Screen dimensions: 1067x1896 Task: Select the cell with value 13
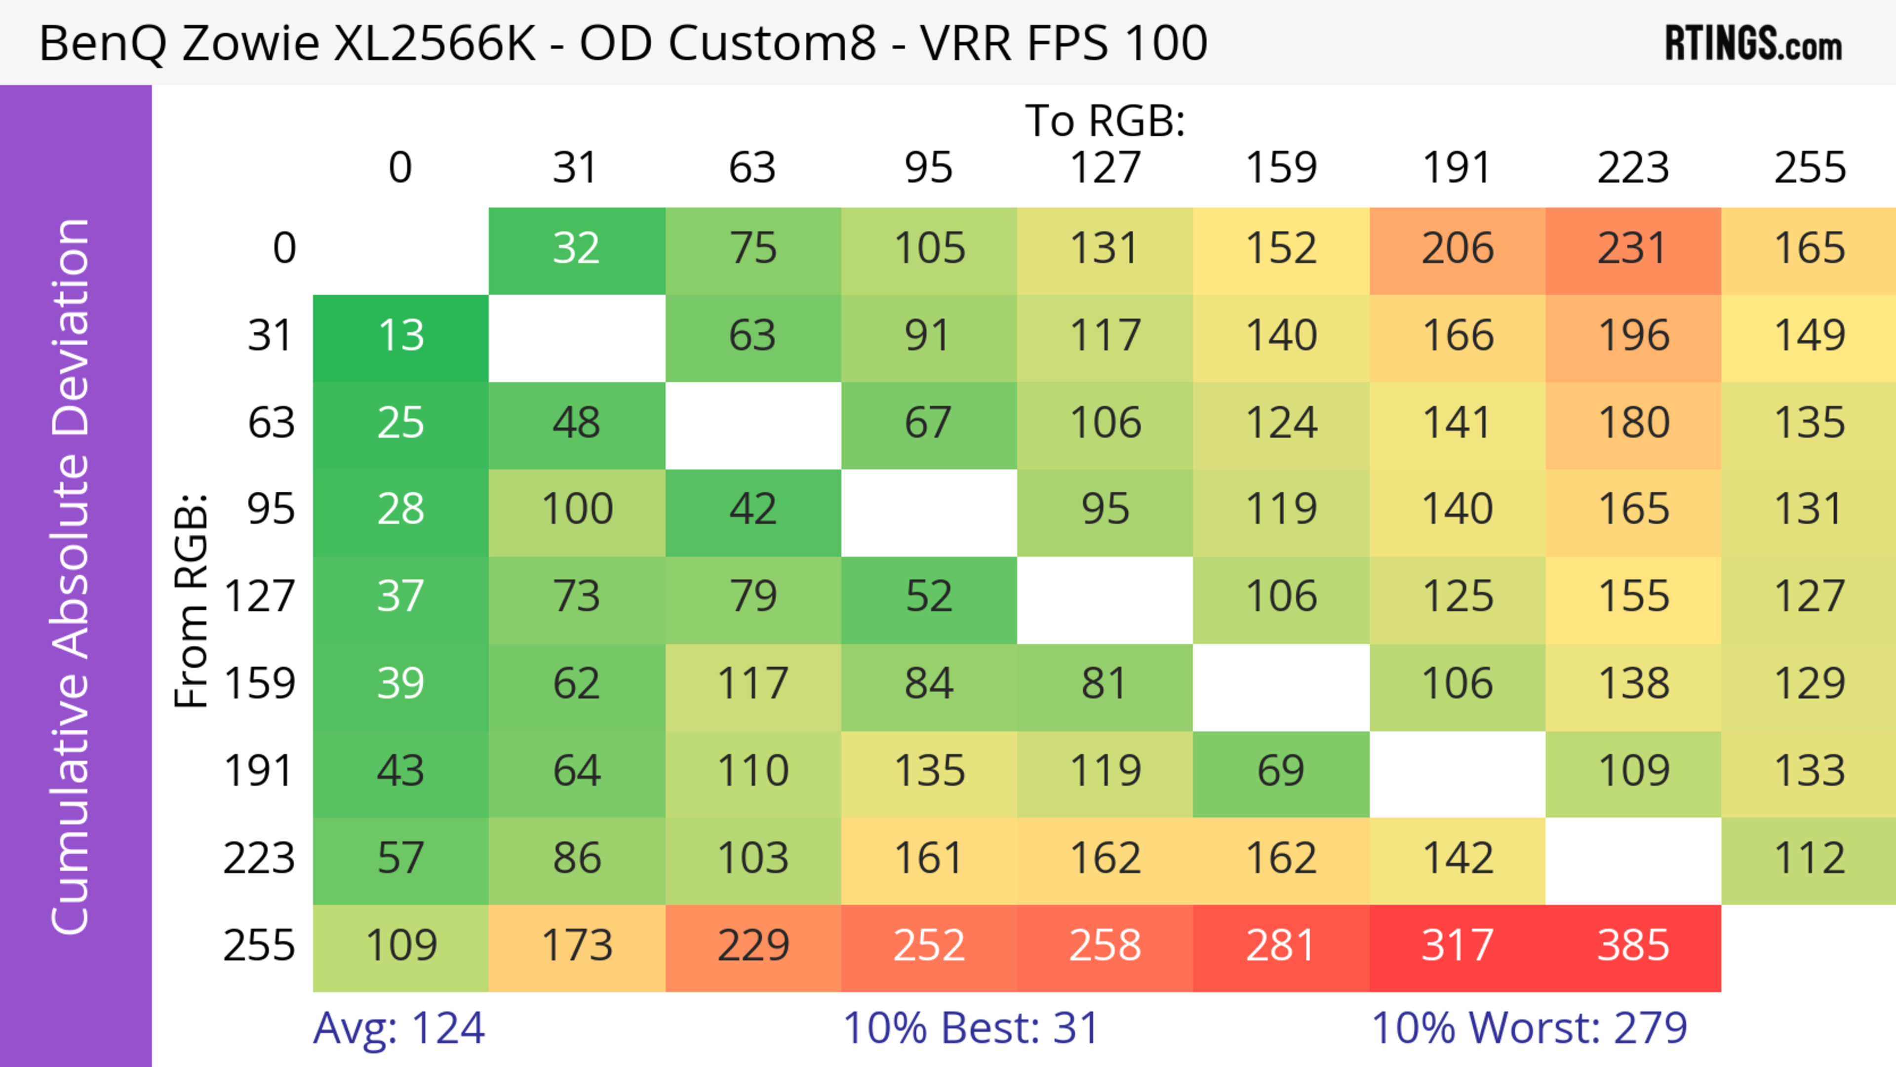pos(400,336)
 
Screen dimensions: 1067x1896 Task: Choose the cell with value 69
pos(1281,772)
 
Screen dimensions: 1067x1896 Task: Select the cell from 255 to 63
pos(753,947)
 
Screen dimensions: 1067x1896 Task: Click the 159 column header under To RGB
pos(1281,168)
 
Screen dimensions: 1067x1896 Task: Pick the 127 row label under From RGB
pos(259,597)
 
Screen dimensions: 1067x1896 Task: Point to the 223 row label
pos(259,859)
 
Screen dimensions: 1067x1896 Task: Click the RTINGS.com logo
pos(1753,44)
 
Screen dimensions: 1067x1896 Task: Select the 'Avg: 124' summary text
pos(399,1029)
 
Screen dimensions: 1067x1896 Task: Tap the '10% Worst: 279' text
pos(1529,1029)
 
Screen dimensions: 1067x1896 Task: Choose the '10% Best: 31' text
pos(971,1029)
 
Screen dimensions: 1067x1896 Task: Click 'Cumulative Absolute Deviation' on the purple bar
pos(72,576)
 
